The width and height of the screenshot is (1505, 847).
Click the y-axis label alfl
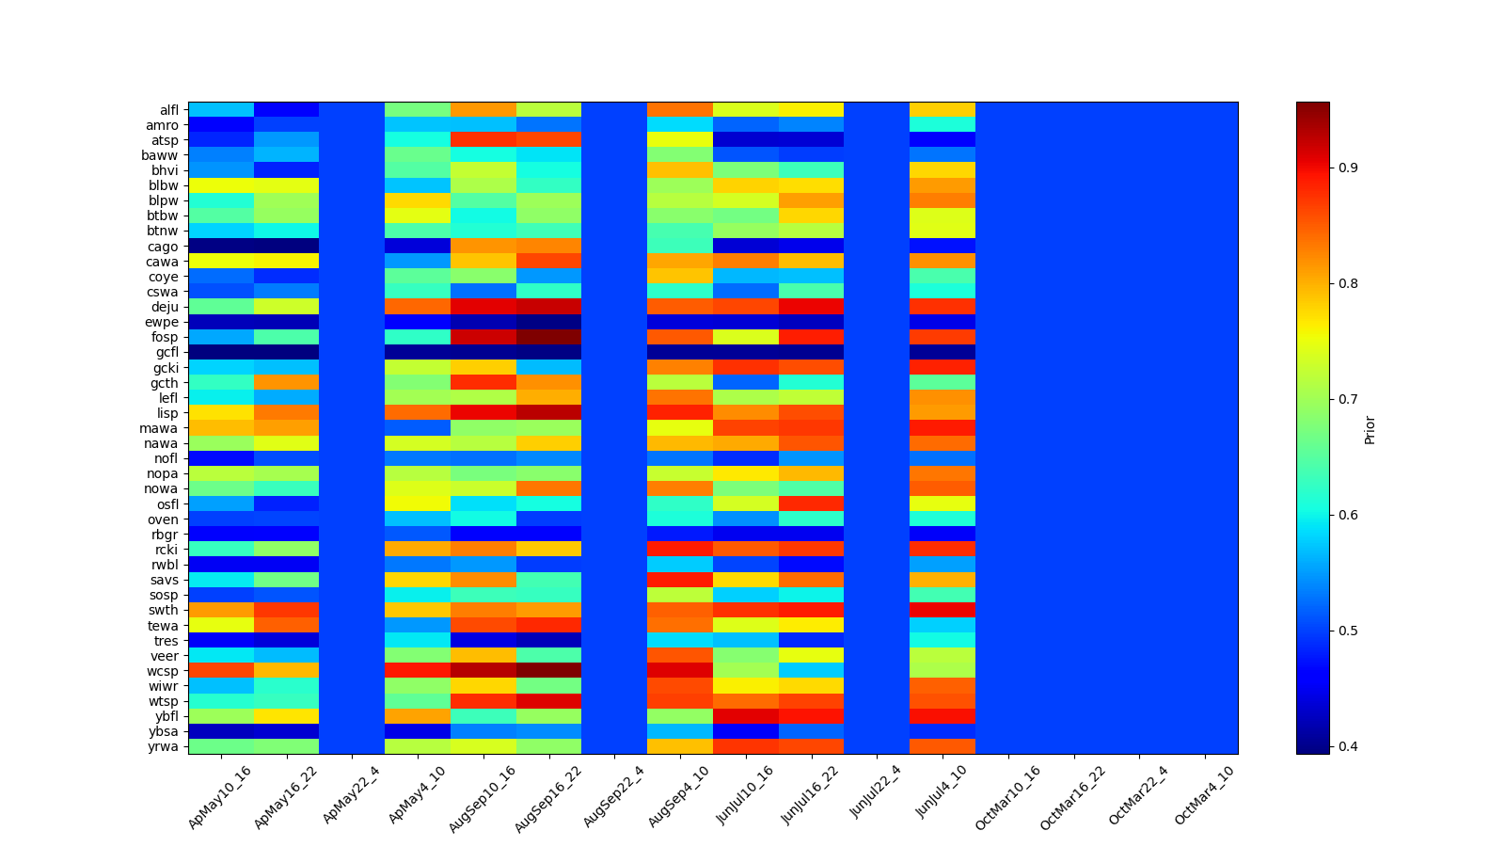point(168,110)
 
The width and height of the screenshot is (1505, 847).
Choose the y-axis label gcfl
point(166,352)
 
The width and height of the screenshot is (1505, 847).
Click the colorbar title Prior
point(1370,429)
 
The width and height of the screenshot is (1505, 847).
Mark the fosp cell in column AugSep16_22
point(549,337)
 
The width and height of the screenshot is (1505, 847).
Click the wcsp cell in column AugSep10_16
point(483,671)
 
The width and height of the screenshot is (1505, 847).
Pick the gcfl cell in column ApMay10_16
point(221,352)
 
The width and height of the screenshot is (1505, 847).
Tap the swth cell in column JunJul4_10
point(943,610)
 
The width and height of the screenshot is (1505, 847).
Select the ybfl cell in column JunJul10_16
point(745,716)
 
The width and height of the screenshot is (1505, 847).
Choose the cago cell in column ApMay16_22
point(287,247)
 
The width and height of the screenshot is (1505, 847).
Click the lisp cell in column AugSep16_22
point(549,413)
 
